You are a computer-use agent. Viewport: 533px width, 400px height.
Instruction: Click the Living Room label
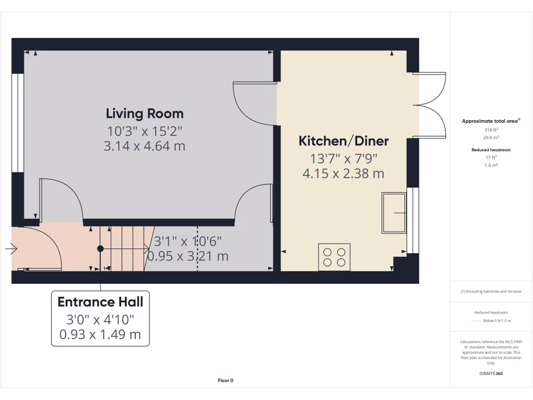pos(145,113)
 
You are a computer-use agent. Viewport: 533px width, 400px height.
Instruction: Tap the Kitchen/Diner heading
pos(344,141)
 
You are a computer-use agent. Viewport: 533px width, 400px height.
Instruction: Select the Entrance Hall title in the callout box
pos(100,302)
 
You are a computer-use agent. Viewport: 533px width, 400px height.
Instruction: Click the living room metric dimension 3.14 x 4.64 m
pos(145,146)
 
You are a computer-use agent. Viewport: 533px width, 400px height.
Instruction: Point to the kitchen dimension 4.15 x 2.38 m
pos(344,173)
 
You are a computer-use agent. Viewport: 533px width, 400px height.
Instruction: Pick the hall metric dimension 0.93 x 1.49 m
pos(100,334)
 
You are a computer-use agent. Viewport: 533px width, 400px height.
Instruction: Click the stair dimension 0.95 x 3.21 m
pos(188,256)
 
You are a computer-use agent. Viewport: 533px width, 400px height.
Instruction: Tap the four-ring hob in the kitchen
pos(334,257)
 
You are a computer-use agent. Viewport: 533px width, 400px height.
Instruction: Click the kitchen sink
pos(394,213)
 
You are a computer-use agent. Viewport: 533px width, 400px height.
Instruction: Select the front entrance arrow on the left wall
pos(10,249)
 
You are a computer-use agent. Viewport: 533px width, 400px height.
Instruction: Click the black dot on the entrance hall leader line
pos(100,249)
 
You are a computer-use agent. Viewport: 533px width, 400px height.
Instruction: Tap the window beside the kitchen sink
pos(413,220)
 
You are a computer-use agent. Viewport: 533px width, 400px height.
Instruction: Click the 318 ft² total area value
pos(491,130)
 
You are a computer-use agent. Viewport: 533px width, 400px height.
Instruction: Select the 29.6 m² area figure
pos(491,137)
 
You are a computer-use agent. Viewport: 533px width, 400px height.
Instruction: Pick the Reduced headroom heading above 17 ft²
pos(491,150)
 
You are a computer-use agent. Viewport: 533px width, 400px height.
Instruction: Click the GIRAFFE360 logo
pos(491,373)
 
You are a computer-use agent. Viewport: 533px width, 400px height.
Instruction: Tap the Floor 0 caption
pos(225,381)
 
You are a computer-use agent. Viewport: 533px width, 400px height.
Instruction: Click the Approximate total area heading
pos(490,121)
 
